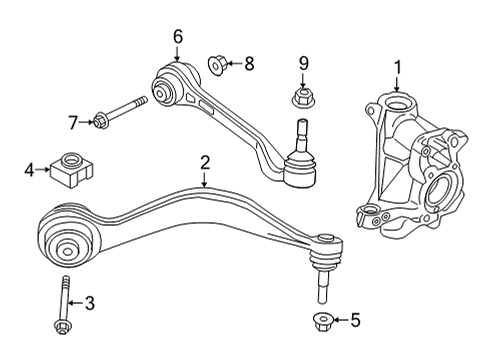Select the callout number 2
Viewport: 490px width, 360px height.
pyautogui.click(x=204, y=161)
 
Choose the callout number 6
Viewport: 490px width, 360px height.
pyautogui.click(x=178, y=37)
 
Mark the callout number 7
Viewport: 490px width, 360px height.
pyautogui.click(x=72, y=122)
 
